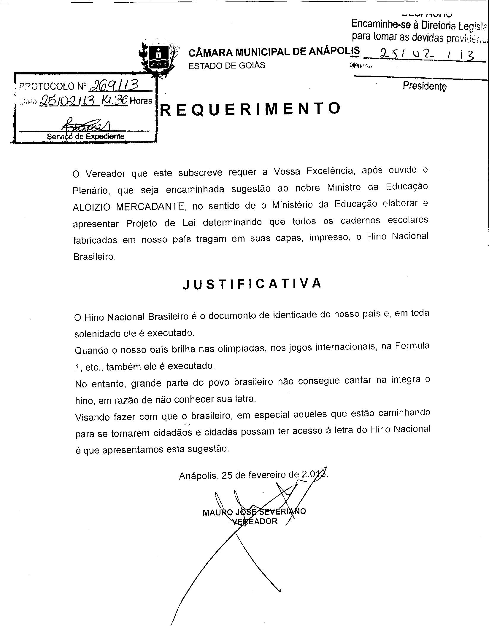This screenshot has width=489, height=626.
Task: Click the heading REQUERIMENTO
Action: pos(250,109)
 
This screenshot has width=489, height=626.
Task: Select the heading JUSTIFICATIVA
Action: pos(252,284)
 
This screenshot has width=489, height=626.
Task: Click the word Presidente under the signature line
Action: pos(424,86)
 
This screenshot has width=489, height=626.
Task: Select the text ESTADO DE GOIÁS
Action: pos(227,66)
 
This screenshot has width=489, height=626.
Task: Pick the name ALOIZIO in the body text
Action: pos(92,207)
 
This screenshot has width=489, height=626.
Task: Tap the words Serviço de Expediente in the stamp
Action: pos(85,137)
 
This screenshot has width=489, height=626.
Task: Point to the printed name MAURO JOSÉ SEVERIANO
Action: pos(254,512)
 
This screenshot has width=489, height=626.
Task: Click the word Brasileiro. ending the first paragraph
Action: pos(94,257)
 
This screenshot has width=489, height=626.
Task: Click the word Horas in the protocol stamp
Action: pos(141,101)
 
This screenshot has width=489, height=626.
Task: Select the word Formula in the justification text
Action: pos(412,346)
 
